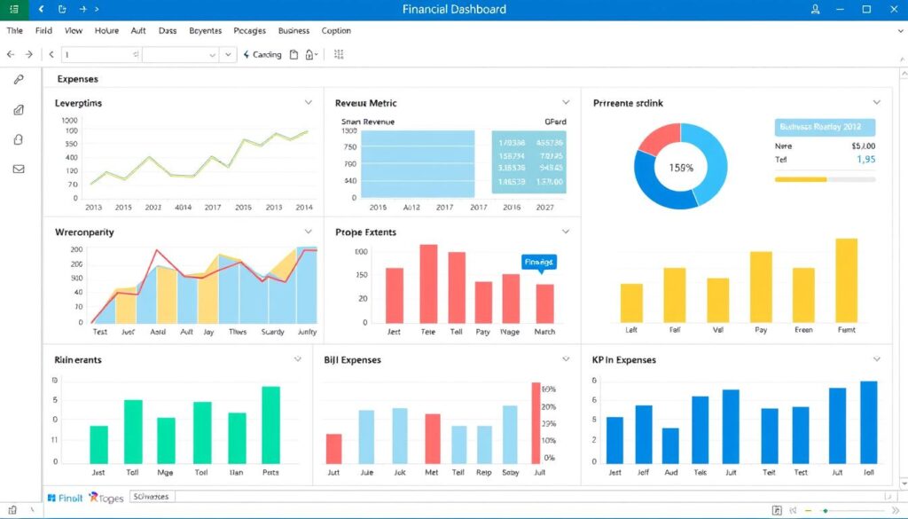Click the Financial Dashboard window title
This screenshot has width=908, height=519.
[453, 10]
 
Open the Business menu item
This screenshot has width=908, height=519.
[294, 31]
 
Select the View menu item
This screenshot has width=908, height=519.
[74, 31]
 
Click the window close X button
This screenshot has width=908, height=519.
[892, 10]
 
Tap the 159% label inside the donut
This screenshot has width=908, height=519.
[681, 167]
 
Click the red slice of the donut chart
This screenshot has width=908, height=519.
[657, 140]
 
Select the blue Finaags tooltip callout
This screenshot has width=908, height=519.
[538, 262]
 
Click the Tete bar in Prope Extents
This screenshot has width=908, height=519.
[428, 284]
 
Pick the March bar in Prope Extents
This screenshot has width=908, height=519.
[544, 303]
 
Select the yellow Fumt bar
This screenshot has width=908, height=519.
[846, 280]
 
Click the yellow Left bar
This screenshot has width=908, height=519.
[631, 303]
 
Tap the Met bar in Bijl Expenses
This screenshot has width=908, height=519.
[432, 439]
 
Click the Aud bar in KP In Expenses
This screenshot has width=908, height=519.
[670, 446]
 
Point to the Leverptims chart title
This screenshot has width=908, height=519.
[79, 104]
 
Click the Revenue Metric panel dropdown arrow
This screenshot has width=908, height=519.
[566, 103]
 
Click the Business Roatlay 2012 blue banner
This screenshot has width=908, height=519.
[825, 127]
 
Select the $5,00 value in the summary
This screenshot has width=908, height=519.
[863, 145]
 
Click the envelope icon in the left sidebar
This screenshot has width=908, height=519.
[19, 169]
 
